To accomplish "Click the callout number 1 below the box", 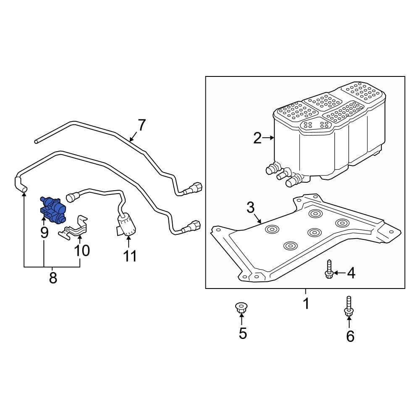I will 306,303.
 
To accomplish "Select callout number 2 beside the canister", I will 257,138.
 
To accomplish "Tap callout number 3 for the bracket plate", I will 250,207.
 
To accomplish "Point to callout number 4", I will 351,273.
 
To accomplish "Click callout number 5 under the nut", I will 243,333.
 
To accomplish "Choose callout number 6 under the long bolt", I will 350,336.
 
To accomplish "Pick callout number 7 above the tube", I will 142,125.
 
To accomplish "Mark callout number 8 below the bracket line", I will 53,278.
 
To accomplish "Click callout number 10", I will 82,250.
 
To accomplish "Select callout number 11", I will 130,255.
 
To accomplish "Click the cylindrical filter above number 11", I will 126,225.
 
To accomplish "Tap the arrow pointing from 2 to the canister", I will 268,137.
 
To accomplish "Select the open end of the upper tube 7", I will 37,142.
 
